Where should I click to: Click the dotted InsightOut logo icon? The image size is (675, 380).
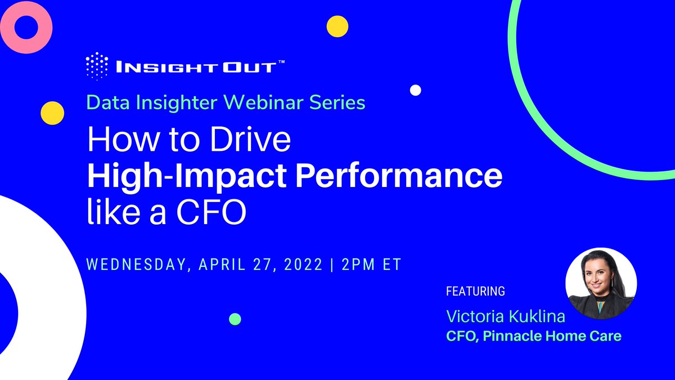click(97, 66)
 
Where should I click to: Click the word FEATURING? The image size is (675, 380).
click(475, 292)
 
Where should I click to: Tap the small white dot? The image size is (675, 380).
click(416, 90)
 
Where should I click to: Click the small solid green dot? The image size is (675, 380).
click(235, 319)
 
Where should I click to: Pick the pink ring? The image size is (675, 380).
click(26, 26)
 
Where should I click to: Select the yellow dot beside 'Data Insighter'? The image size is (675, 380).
click(52, 113)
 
